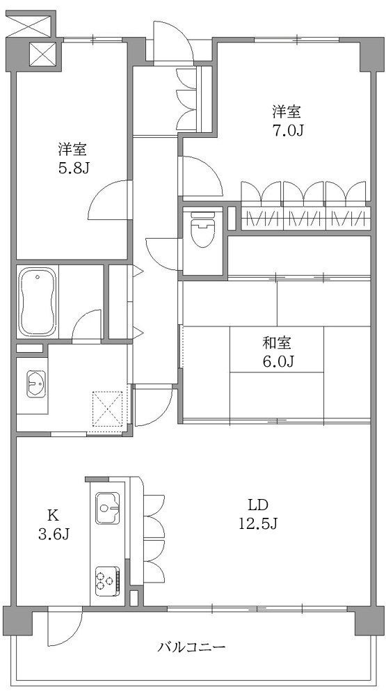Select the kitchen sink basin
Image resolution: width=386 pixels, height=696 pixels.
pos(108,507)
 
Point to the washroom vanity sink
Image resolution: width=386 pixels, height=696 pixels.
pos(35,384)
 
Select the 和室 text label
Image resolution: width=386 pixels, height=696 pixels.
pos(277,342)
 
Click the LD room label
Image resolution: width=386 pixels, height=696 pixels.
pos(258,505)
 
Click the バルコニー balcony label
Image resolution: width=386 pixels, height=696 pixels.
pos(191,647)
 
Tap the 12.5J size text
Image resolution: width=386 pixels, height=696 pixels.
pos(258,523)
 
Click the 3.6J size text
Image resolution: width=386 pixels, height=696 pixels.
pos(53,534)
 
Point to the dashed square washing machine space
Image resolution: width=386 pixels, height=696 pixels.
pos(108,408)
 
